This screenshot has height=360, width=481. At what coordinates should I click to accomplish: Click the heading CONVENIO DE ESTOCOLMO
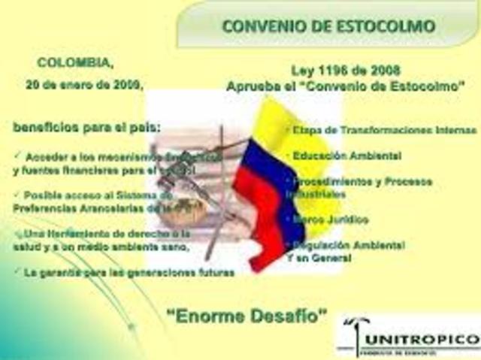click(x=329, y=26)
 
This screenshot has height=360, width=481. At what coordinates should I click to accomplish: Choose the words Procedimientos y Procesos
click(x=353, y=183)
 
